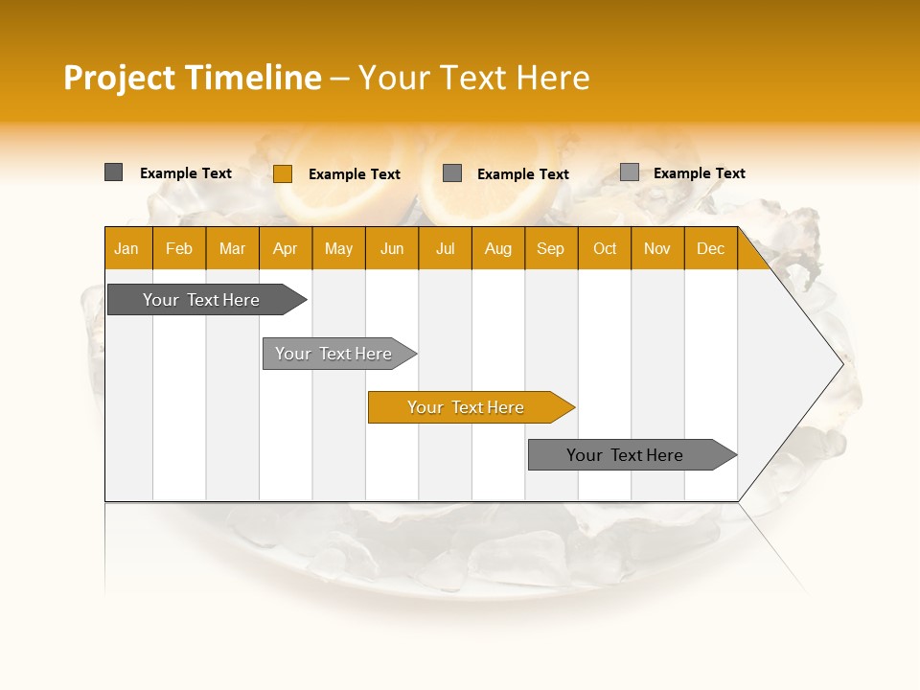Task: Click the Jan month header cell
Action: pyautogui.click(x=126, y=249)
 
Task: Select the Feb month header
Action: pyautogui.click(x=179, y=249)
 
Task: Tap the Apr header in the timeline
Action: pyautogui.click(x=285, y=249)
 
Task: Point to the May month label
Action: pyautogui.click(x=338, y=249)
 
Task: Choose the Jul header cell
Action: pyautogui.click(x=445, y=249)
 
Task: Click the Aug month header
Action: pyautogui.click(x=497, y=249)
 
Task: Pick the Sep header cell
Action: pyautogui.click(x=550, y=249)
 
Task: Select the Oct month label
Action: pyautogui.click(x=605, y=249)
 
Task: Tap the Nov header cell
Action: pyautogui.click(x=657, y=249)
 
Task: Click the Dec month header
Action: pyautogui.click(x=710, y=249)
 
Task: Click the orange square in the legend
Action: pyautogui.click(x=283, y=173)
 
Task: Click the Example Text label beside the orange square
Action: pyautogui.click(x=355, y=174)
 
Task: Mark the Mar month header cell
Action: pyautogui.click(x=232, y=249)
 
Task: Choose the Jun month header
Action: pyautogui.click(x=392, y=249)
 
